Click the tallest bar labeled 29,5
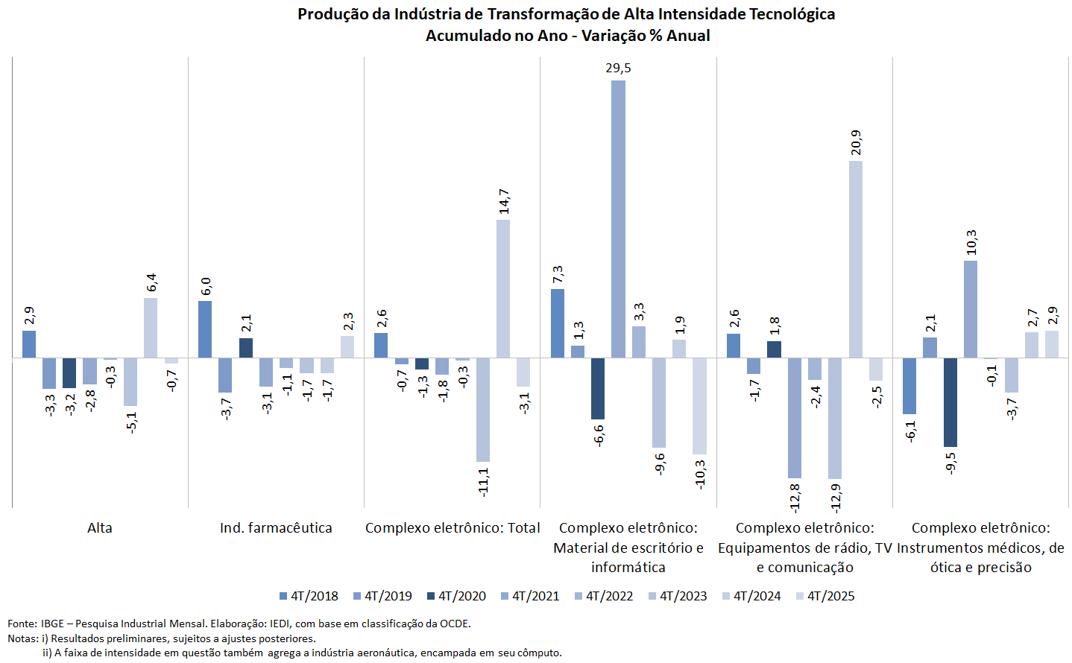pos(618,219)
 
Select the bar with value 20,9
pos(855,259)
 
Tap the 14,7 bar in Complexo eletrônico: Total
pos(503,288)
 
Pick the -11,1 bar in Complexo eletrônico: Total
pos(483,410)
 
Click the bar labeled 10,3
pos(970,309)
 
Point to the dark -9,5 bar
pos(950,402)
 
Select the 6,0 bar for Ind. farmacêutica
pos(205,329)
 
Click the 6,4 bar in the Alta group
pos(151,328)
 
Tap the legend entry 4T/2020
pos(456,596)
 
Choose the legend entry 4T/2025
pos(825,596)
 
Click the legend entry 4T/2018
pos(309,596)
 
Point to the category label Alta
pos(100,528)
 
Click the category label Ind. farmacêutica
pos(276,528)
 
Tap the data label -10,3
pos(700,474)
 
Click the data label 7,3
pos(558,275)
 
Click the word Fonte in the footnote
pos(21,624)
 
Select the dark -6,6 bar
pos(598,389)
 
